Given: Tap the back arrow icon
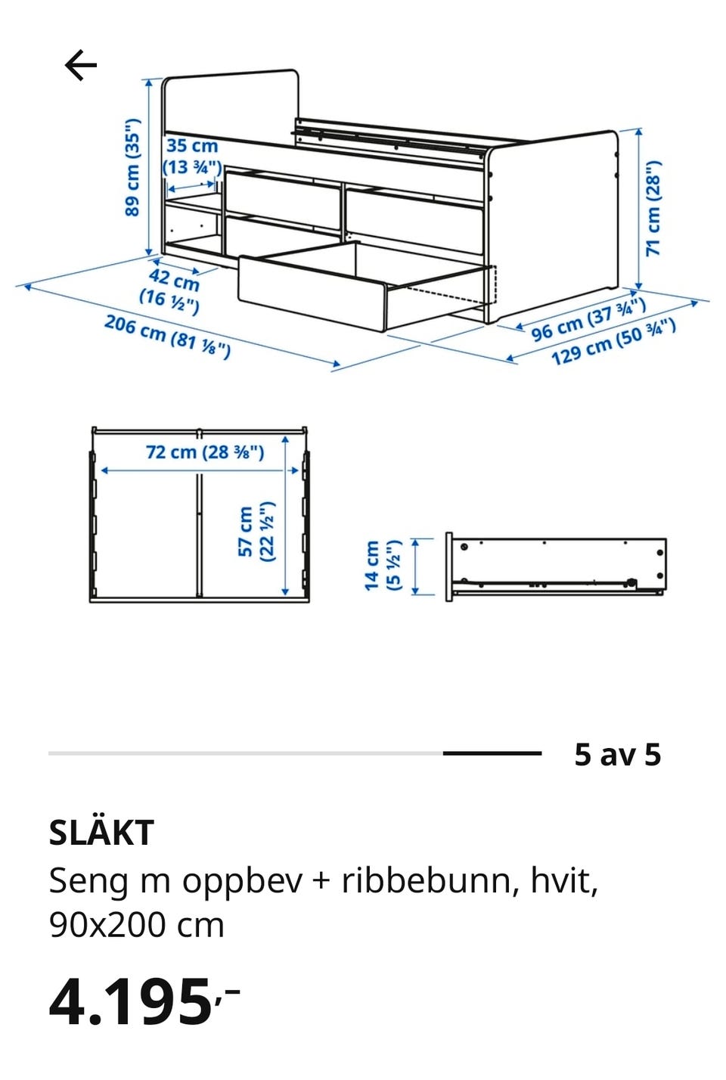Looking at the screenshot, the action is [80, 64].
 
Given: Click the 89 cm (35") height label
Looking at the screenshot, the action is [132, 167].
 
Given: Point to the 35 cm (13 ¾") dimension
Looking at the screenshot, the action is [192, 157].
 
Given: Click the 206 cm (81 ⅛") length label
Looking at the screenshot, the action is [167, 337].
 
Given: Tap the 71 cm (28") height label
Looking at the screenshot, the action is [654, 208].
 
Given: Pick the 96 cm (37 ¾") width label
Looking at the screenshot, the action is [588, 318].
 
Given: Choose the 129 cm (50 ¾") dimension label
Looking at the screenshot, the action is [613, 342].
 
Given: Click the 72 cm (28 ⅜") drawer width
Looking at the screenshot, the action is [205, 453].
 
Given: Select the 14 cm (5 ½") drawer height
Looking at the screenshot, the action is [382, 565].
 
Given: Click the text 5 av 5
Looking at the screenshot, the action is [618, 755].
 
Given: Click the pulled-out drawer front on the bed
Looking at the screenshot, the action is [312, 293].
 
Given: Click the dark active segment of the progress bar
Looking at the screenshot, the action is [492, 753].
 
